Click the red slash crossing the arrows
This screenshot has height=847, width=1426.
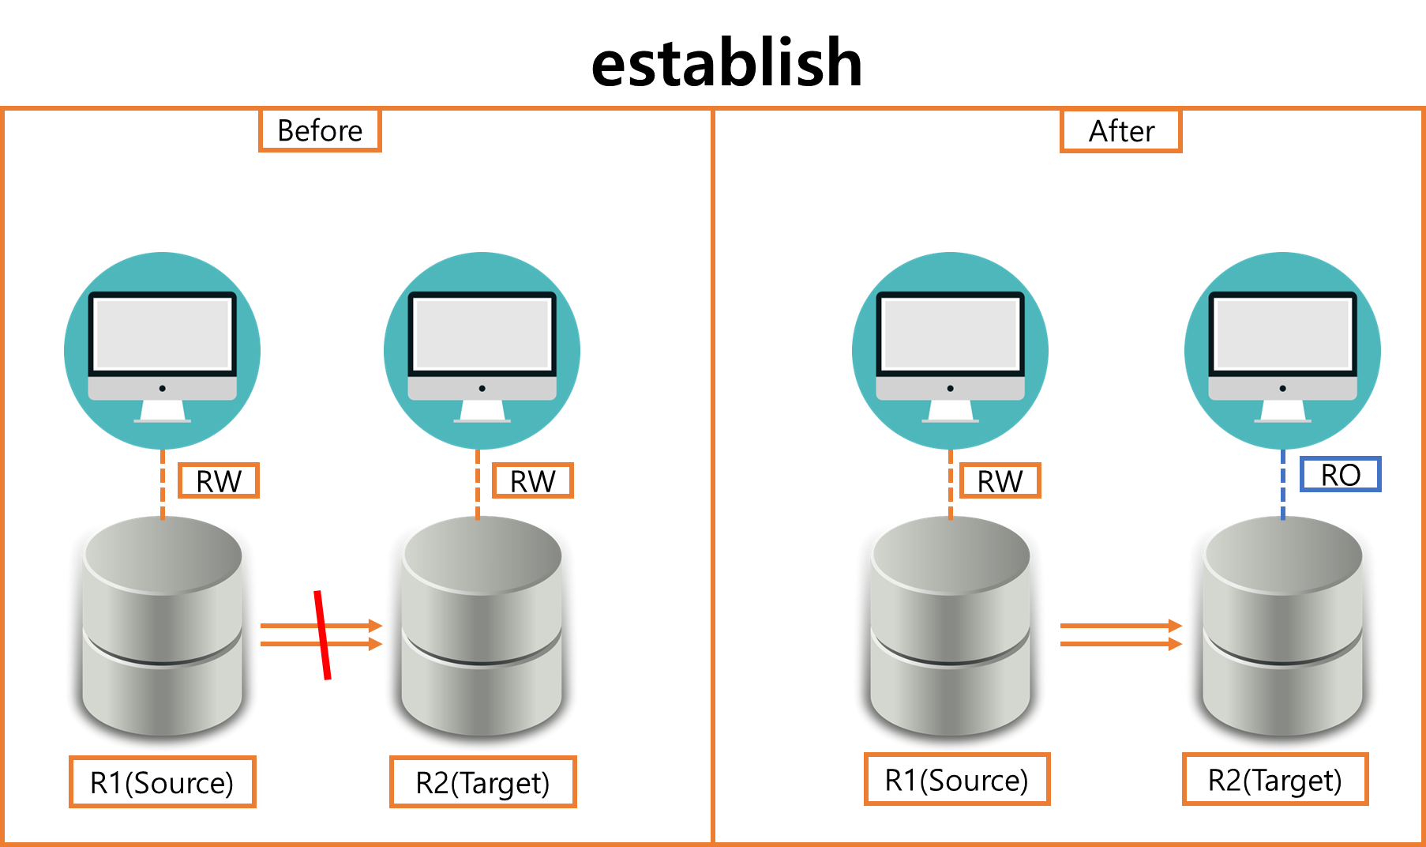point(322,634)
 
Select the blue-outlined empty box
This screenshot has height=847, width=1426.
point(1340,474)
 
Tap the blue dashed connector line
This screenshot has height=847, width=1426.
point(1282,484)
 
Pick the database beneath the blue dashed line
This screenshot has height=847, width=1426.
point(1282,632)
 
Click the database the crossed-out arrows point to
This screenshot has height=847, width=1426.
point(482,632)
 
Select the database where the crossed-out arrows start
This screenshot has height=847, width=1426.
point(162,632)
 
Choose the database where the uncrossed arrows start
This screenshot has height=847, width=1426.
point(950,632)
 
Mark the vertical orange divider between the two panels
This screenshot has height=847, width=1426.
point(713,474)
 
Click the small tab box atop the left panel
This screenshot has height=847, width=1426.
point(320,130)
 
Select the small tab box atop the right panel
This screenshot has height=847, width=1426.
point(1120,131)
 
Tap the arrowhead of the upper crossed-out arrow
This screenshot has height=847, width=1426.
point(376,626)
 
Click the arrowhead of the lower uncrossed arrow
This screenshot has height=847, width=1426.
point(1176,644)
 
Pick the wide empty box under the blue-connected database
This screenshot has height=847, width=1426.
point(1275,779)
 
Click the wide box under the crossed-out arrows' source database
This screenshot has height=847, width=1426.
point(163,781)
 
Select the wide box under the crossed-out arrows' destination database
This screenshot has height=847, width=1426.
point(483,781)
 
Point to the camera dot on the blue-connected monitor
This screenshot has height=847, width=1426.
point(1282,389)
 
